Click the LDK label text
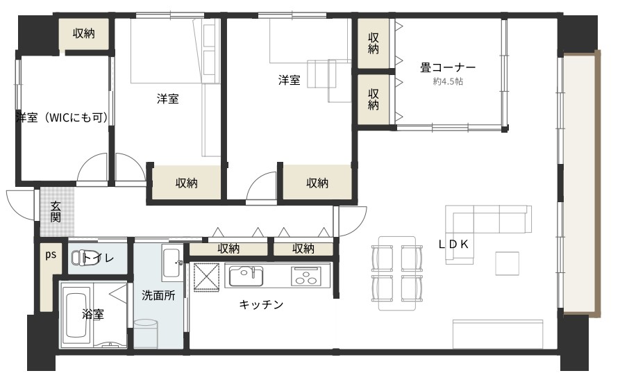(453, 245)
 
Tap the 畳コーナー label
(448, 67)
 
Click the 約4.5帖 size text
(448, 81)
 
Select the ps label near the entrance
(51, 255)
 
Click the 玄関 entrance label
(56, 212)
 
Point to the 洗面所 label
(158, 295)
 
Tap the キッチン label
(261, 304)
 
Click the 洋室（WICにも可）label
(62, 117)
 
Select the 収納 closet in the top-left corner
(84, 33)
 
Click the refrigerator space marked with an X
(206, 277)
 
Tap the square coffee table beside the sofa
(508, 263)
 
